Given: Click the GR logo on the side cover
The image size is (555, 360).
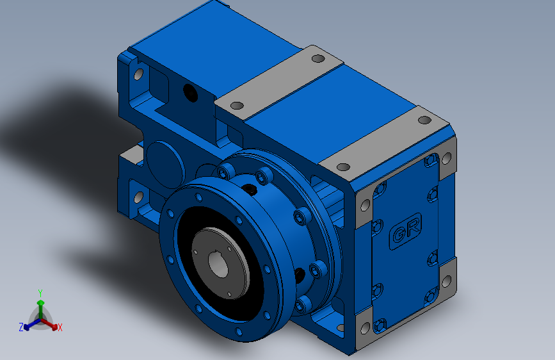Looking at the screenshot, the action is click(x=406, y=231).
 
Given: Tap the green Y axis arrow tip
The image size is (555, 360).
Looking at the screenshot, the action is click(x=41, y=303).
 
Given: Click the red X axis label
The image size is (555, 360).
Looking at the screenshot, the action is click(x=60, y=328).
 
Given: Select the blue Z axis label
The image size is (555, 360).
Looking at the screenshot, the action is click(x=21, y=327).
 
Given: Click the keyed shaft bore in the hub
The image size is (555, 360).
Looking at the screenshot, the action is click(x=218, y=264).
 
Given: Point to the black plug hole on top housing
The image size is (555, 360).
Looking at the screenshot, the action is click(x=190, y=92).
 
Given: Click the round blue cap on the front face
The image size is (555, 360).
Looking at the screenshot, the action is click(x=165, y=165).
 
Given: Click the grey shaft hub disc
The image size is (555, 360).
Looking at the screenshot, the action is click(x=220, y=263).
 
